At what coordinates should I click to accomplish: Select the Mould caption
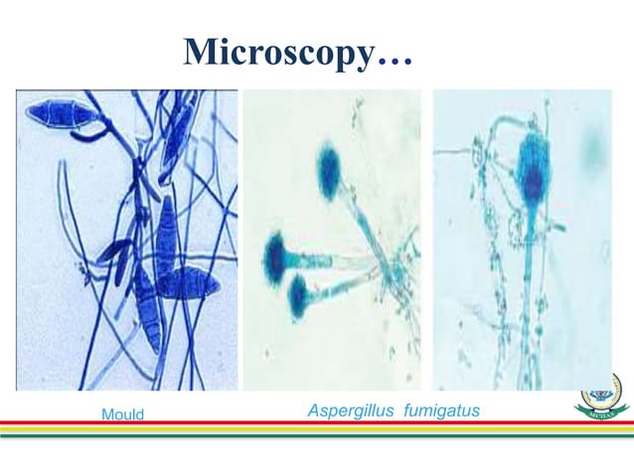122,414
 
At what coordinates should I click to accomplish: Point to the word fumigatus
441,409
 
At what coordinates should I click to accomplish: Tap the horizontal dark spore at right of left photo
189,285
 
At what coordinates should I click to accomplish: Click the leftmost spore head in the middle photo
274,255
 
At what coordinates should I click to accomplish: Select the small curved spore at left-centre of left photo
114,252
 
